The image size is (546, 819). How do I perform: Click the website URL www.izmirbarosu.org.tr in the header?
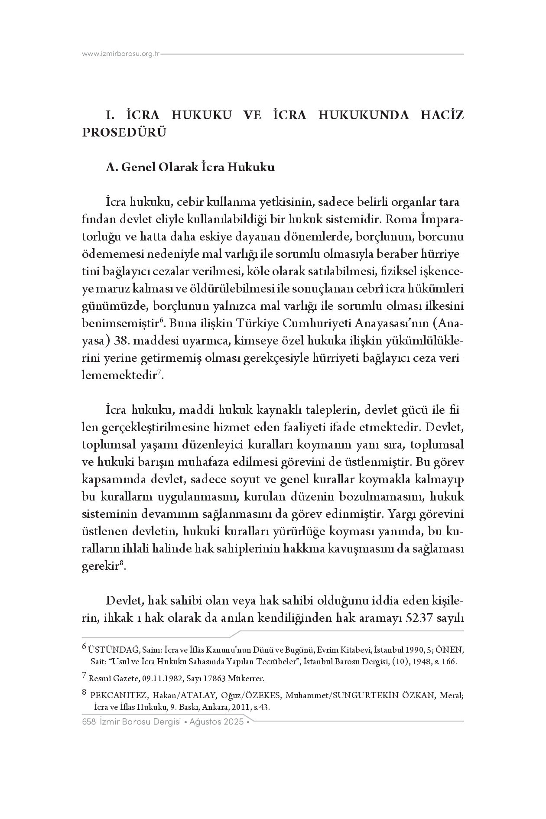[x=121, y=54]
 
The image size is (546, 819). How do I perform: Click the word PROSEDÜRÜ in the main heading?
[x=124, y=133]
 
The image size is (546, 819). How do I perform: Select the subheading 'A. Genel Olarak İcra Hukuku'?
[x=190, y=167]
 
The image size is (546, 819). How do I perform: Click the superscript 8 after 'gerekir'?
[x=122, y=563]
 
